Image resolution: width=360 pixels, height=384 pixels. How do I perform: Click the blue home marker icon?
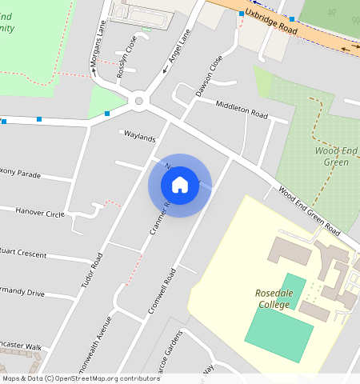180,186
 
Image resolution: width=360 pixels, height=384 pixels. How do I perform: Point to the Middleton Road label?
242,109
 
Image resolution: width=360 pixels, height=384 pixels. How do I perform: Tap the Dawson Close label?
208,77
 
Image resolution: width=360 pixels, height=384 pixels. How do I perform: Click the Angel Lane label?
178,50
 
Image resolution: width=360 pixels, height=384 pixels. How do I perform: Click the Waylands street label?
139,137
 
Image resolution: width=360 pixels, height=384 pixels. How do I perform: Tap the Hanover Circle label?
40,213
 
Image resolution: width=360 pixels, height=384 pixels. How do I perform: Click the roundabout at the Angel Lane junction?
139,101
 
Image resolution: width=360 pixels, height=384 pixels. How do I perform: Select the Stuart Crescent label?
24,254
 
